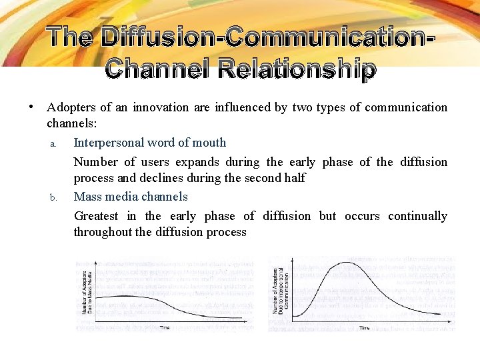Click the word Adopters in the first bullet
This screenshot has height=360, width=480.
(70, 107)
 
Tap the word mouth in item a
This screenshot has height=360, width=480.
(210, 143)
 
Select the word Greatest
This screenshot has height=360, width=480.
(96, 216)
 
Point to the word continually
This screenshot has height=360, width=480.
(417, 216)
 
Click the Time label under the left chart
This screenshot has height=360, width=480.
(164, 327)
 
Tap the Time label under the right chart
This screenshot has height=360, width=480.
(365, 327)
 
